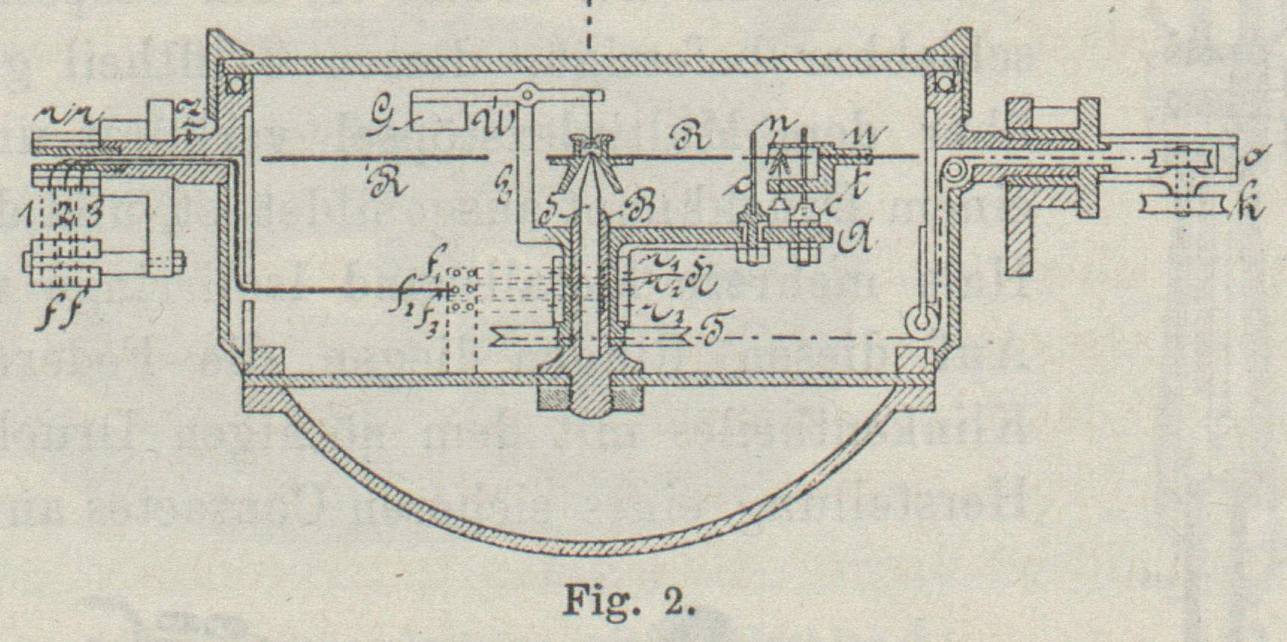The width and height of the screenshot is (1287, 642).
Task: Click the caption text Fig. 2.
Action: pos(629,599)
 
